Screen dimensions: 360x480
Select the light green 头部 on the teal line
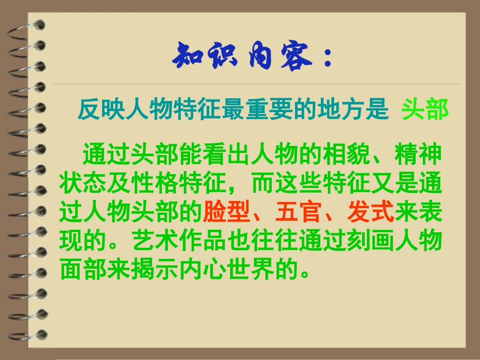(425, 110)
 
